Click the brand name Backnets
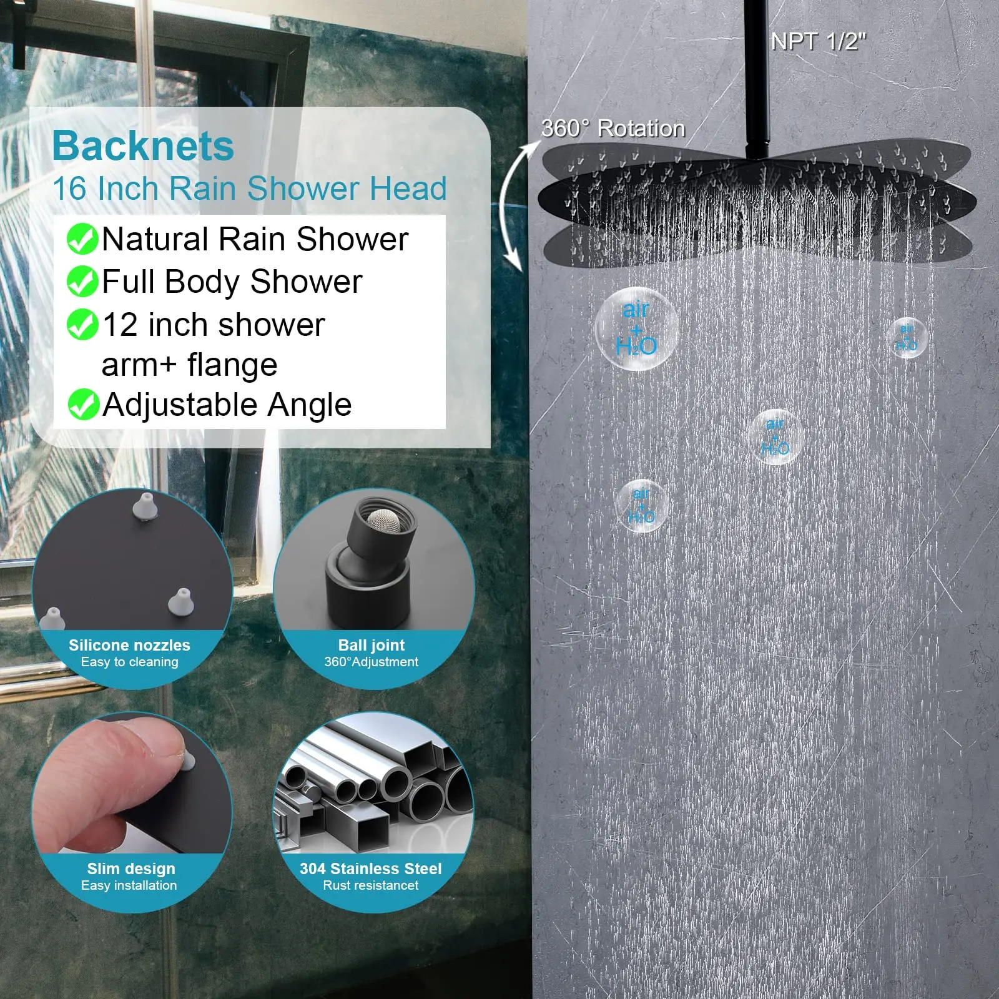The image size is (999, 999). [143, 146]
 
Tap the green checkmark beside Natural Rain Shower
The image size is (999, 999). [82, 239]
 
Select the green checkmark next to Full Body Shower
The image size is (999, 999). [82, 282]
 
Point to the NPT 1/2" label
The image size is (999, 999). [819, 42]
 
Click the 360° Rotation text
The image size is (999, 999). [613, 129]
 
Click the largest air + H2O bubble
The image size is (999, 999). [636, 328]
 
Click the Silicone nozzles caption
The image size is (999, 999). [129, 645]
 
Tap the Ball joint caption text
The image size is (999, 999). [372, 645]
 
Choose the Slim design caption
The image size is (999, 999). [131, 869]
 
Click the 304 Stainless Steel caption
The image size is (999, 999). [371, 869]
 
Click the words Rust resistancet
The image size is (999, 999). [371, 885]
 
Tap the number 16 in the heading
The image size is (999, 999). [69, 189]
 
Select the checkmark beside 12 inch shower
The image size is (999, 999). [82, 325]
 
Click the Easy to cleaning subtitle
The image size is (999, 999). [130, 662]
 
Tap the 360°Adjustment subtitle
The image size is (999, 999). [372, 662]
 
